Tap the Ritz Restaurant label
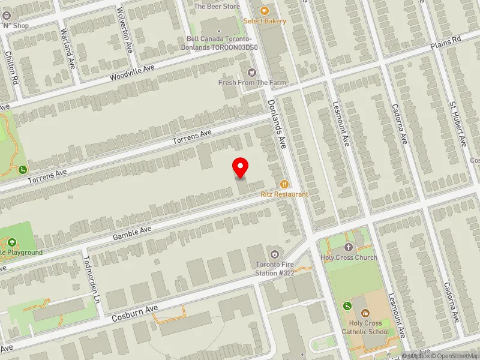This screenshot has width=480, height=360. click(284, 194)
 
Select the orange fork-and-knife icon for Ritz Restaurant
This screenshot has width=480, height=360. click(284, 184)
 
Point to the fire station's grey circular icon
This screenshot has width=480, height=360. click(275, 253)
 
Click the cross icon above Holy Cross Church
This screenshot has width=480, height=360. click(349, 247)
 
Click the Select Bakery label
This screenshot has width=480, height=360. click(265, 21)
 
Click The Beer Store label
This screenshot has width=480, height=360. click(217, 7)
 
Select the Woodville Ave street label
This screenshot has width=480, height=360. click(132, 74)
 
